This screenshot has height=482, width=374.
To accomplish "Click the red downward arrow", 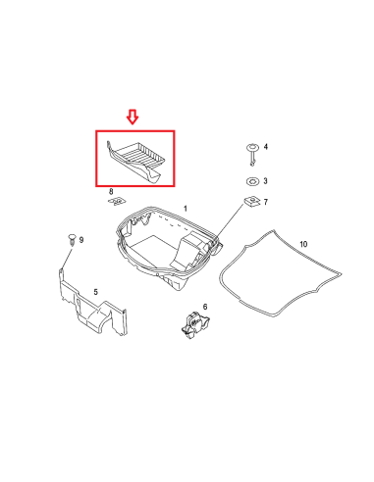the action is [x=133, y=117].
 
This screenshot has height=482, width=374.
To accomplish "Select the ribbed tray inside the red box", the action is [x=134, y=161].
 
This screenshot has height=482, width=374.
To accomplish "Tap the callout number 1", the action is [x=186, y=209].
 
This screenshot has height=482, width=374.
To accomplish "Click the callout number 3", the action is [x=265, y=180].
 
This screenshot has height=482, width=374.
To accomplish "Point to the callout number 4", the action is [x=265, y=147].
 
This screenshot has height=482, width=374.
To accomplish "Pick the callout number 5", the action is [x=95, y=292].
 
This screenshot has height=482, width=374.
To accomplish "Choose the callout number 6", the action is [x=205, y=307].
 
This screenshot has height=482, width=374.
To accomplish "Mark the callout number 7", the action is [x=265, y=202].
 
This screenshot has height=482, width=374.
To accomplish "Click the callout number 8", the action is [x=111, y=191].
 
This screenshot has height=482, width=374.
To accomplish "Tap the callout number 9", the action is [x=81, y=240].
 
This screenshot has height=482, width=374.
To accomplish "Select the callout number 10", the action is [x=303, y=244].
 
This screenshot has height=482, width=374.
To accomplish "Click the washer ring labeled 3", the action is [x=252, y=181].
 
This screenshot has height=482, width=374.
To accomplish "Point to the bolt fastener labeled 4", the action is [x=252, y=154].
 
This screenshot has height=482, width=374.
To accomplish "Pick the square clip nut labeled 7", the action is [x=252, y=202].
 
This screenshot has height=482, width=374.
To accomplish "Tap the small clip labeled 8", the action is [x=117, y=201].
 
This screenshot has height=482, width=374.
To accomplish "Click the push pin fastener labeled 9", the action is [x=72, y=239].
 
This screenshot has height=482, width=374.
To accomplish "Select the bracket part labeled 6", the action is [x=195, y=324].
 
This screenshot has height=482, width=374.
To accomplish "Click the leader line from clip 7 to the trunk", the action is [x=230, y=222].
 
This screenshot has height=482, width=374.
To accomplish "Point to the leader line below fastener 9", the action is [x=67, y=258].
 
